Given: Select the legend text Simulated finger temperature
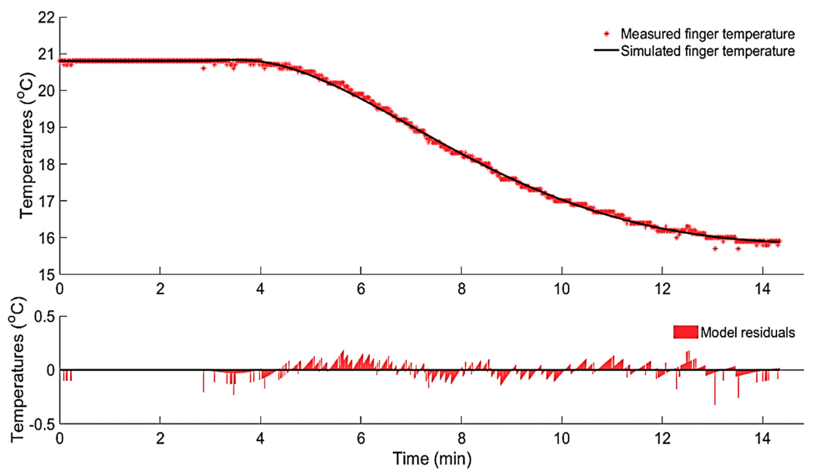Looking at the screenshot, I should coord(707,51).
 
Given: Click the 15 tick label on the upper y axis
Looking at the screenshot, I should coord(46,275).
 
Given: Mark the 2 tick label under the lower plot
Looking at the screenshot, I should coord(160,439).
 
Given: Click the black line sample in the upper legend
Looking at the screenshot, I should coord(606,50).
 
